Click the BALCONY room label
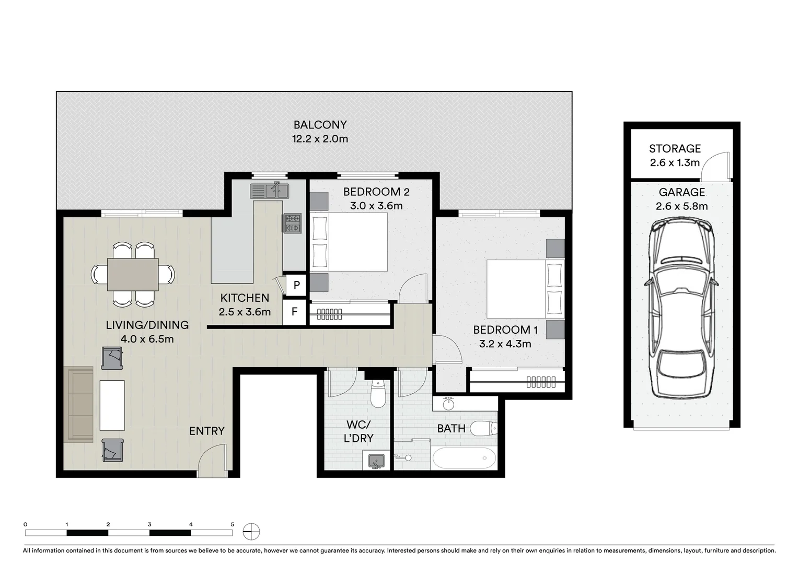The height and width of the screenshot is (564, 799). pos(320,125)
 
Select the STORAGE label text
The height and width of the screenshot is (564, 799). pos(675,149)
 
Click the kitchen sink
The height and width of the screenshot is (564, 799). pos(269,191)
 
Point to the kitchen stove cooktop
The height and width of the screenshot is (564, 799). pos(293,223)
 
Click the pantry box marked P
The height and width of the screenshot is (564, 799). pos(296,285)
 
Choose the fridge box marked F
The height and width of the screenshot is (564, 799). pos(294,312)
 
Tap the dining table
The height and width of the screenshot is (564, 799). pos(133,275)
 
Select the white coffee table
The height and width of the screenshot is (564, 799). pos(112,405)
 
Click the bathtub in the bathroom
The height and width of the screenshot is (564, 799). pos(464,458)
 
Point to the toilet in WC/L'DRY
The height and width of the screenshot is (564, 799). pos(378,394)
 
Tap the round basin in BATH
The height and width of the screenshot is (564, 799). pos(448,404)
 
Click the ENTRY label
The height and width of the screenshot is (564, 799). pos(207,431)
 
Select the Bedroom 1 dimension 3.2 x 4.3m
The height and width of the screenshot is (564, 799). pos(505,344)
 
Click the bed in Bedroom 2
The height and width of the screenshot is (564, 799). pos(350,242)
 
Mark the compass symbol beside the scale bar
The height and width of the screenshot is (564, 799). pos(251,532)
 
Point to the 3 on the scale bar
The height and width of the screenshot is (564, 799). pos(149,524)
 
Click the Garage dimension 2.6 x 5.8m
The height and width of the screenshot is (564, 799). pos(681,206)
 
